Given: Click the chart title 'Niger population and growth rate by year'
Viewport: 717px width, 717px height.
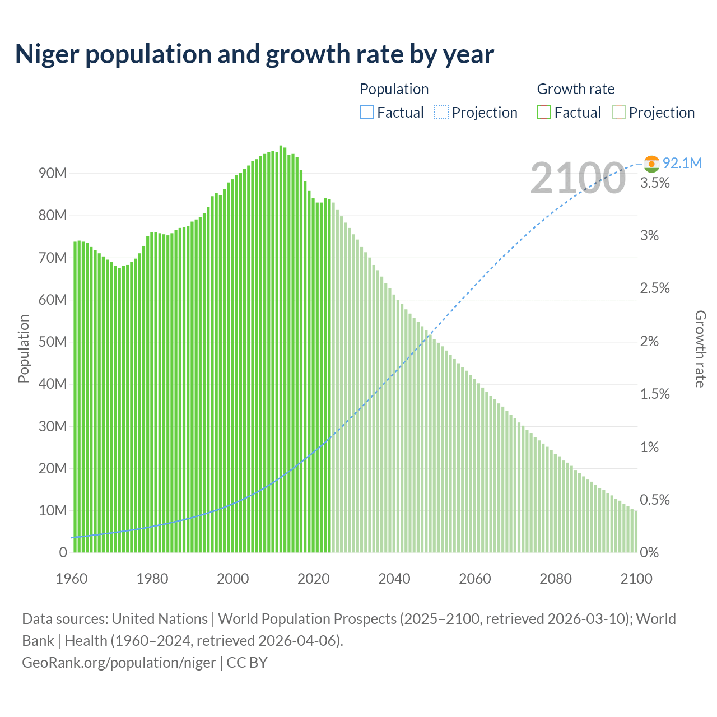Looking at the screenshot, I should click(x=254, y=54).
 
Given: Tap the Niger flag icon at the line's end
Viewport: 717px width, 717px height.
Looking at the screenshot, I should click(x=651, y=164).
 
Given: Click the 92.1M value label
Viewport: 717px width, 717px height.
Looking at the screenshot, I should click(x=682, y=163).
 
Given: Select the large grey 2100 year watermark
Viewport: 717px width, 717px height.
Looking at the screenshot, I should click(x=578, y=178).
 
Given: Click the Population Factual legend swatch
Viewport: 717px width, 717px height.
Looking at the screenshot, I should click(x=366, y=113).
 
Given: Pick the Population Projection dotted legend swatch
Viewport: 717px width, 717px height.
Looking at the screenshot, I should click(x=441, y=113).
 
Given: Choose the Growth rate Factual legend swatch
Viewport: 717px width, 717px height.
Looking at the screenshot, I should click(x=544, y=113).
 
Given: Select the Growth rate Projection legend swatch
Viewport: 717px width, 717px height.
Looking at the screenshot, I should click(x=619, y=113).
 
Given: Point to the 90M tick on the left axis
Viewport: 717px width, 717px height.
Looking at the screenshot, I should click(x=53, y=173).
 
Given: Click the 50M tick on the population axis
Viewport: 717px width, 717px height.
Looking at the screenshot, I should click(x=53, y=342).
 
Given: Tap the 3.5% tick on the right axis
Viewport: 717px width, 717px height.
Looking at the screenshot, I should click(x=655, y=183).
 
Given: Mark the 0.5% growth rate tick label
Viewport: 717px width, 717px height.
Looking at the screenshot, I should click(x=655, y=500).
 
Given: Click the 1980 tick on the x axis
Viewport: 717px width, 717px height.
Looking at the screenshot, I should click(x=152, y=579).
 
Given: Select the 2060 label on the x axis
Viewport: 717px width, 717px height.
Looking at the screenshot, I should click(x=475, y=579).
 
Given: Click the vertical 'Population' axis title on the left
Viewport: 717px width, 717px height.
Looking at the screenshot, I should click(x=24, y=348).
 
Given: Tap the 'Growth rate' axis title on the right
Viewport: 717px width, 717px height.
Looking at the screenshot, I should click(x=700, y=348).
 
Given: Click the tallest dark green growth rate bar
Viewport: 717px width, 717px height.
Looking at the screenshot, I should click(x=281, y=347).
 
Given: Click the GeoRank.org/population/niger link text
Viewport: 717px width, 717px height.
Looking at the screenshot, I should click(x=119, y=662).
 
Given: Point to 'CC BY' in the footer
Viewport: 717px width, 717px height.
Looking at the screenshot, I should click(x=247, y=662).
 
